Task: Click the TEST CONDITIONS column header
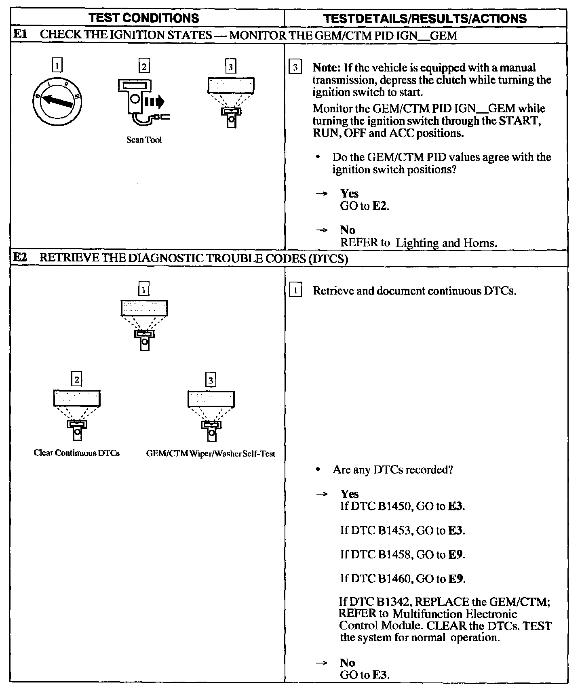pos(144,18)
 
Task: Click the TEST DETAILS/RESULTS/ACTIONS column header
pos(426,18)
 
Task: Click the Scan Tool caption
pos(144,140)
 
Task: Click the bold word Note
pos(326,68)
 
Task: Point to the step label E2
pos(20,258)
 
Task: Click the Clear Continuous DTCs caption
pos(77,453)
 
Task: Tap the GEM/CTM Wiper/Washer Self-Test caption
pos(211,454)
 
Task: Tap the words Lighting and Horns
pos(446,243)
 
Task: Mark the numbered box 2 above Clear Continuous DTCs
pos(76,379)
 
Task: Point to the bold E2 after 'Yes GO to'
pos(380,206)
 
